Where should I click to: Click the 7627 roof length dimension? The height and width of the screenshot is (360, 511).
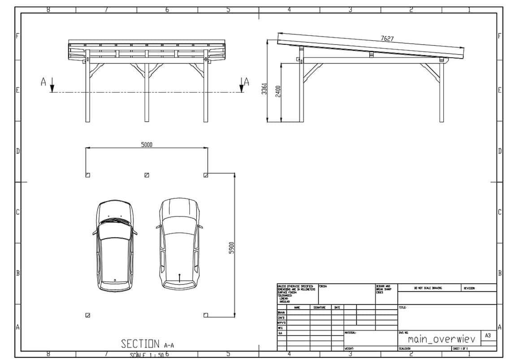[x=387, y=39]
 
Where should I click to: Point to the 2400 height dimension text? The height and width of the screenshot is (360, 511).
[x=278, y=92]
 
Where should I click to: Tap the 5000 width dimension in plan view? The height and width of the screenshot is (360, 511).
[x=147, y=144]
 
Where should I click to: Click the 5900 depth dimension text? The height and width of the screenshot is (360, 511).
[x=232, y=248]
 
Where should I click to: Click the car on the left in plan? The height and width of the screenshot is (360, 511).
[x=115, y=246]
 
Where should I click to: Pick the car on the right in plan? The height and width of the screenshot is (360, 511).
[x=179, y=243]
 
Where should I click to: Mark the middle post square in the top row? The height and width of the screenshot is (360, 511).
[x=147, y=175]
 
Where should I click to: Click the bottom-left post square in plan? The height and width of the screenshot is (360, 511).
[x=87, y=315]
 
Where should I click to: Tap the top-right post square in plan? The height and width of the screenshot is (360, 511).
[x=206, y=175]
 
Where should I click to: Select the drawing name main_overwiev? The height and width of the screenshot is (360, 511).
[x=441, y=339]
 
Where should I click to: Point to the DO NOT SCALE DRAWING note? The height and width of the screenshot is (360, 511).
[x=428, y=288]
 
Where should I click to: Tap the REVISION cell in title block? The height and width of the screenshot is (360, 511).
[x=469, y=288]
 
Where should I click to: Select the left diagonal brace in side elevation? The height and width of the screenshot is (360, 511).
[x=312, y=73]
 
